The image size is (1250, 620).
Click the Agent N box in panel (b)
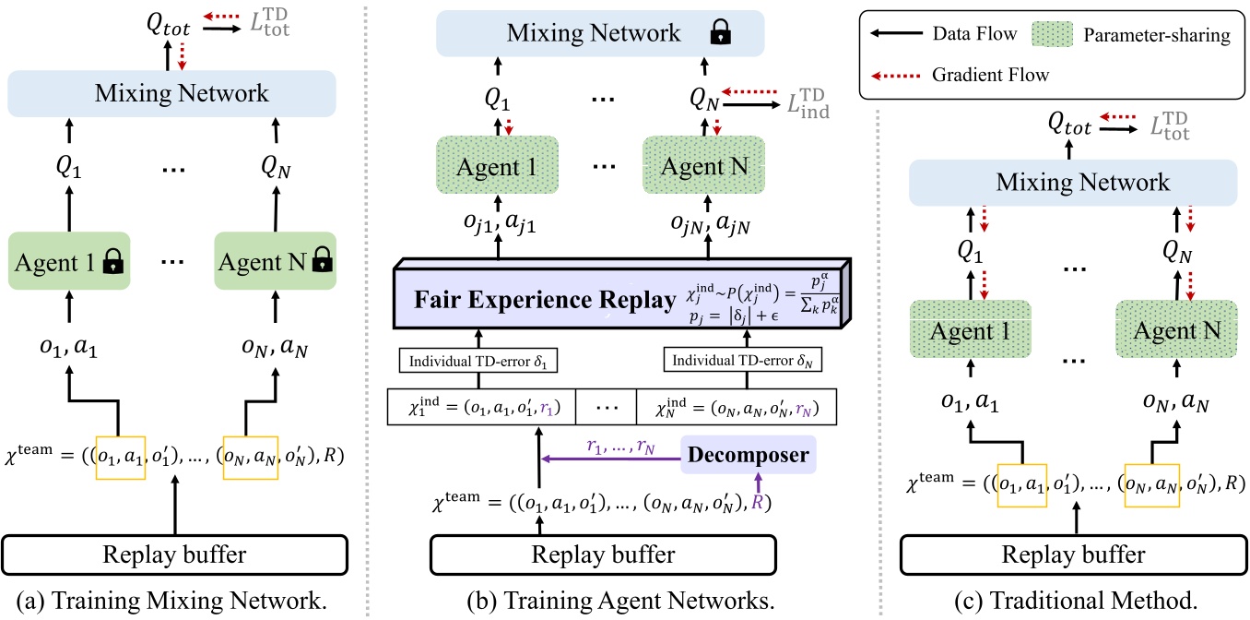(704, 166)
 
